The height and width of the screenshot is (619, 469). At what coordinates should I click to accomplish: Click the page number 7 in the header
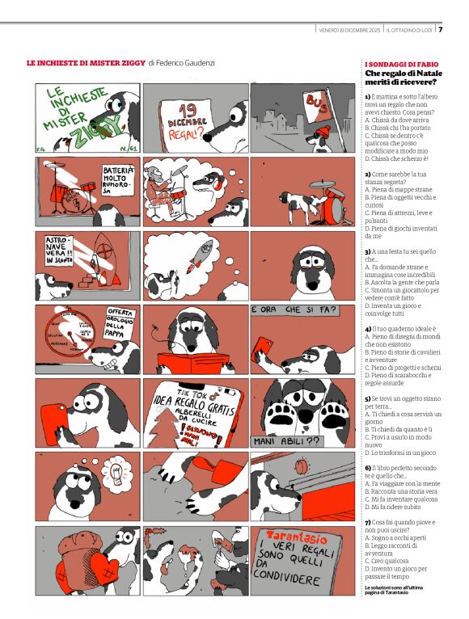pyautogui.click(x=441, y=30)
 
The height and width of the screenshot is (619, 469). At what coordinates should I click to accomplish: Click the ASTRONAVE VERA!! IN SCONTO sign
pyautogui.click(x=53, y=250)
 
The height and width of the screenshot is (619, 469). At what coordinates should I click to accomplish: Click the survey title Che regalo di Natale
pyautogui.click(x=400, y=73)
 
